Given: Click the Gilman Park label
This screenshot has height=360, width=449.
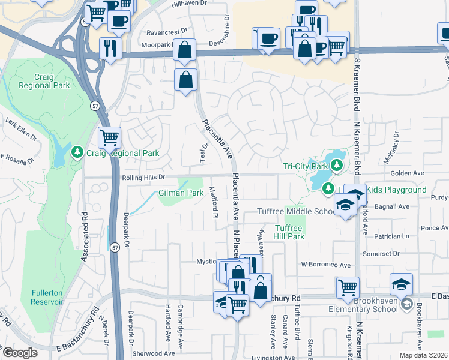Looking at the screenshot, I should [x=181, y=193].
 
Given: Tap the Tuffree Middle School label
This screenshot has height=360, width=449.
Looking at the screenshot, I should [x=296, y=211].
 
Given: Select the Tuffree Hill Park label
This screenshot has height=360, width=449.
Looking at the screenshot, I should [x=289, y=232].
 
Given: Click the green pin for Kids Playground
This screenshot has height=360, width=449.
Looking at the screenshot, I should [x=328, y=190].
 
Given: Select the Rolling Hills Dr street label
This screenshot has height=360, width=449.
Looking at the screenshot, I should [x=143, y=178].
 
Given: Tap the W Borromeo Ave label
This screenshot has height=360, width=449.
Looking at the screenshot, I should [x=325, y=265].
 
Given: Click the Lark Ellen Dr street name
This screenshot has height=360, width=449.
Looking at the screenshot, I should [x=21, y=130].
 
